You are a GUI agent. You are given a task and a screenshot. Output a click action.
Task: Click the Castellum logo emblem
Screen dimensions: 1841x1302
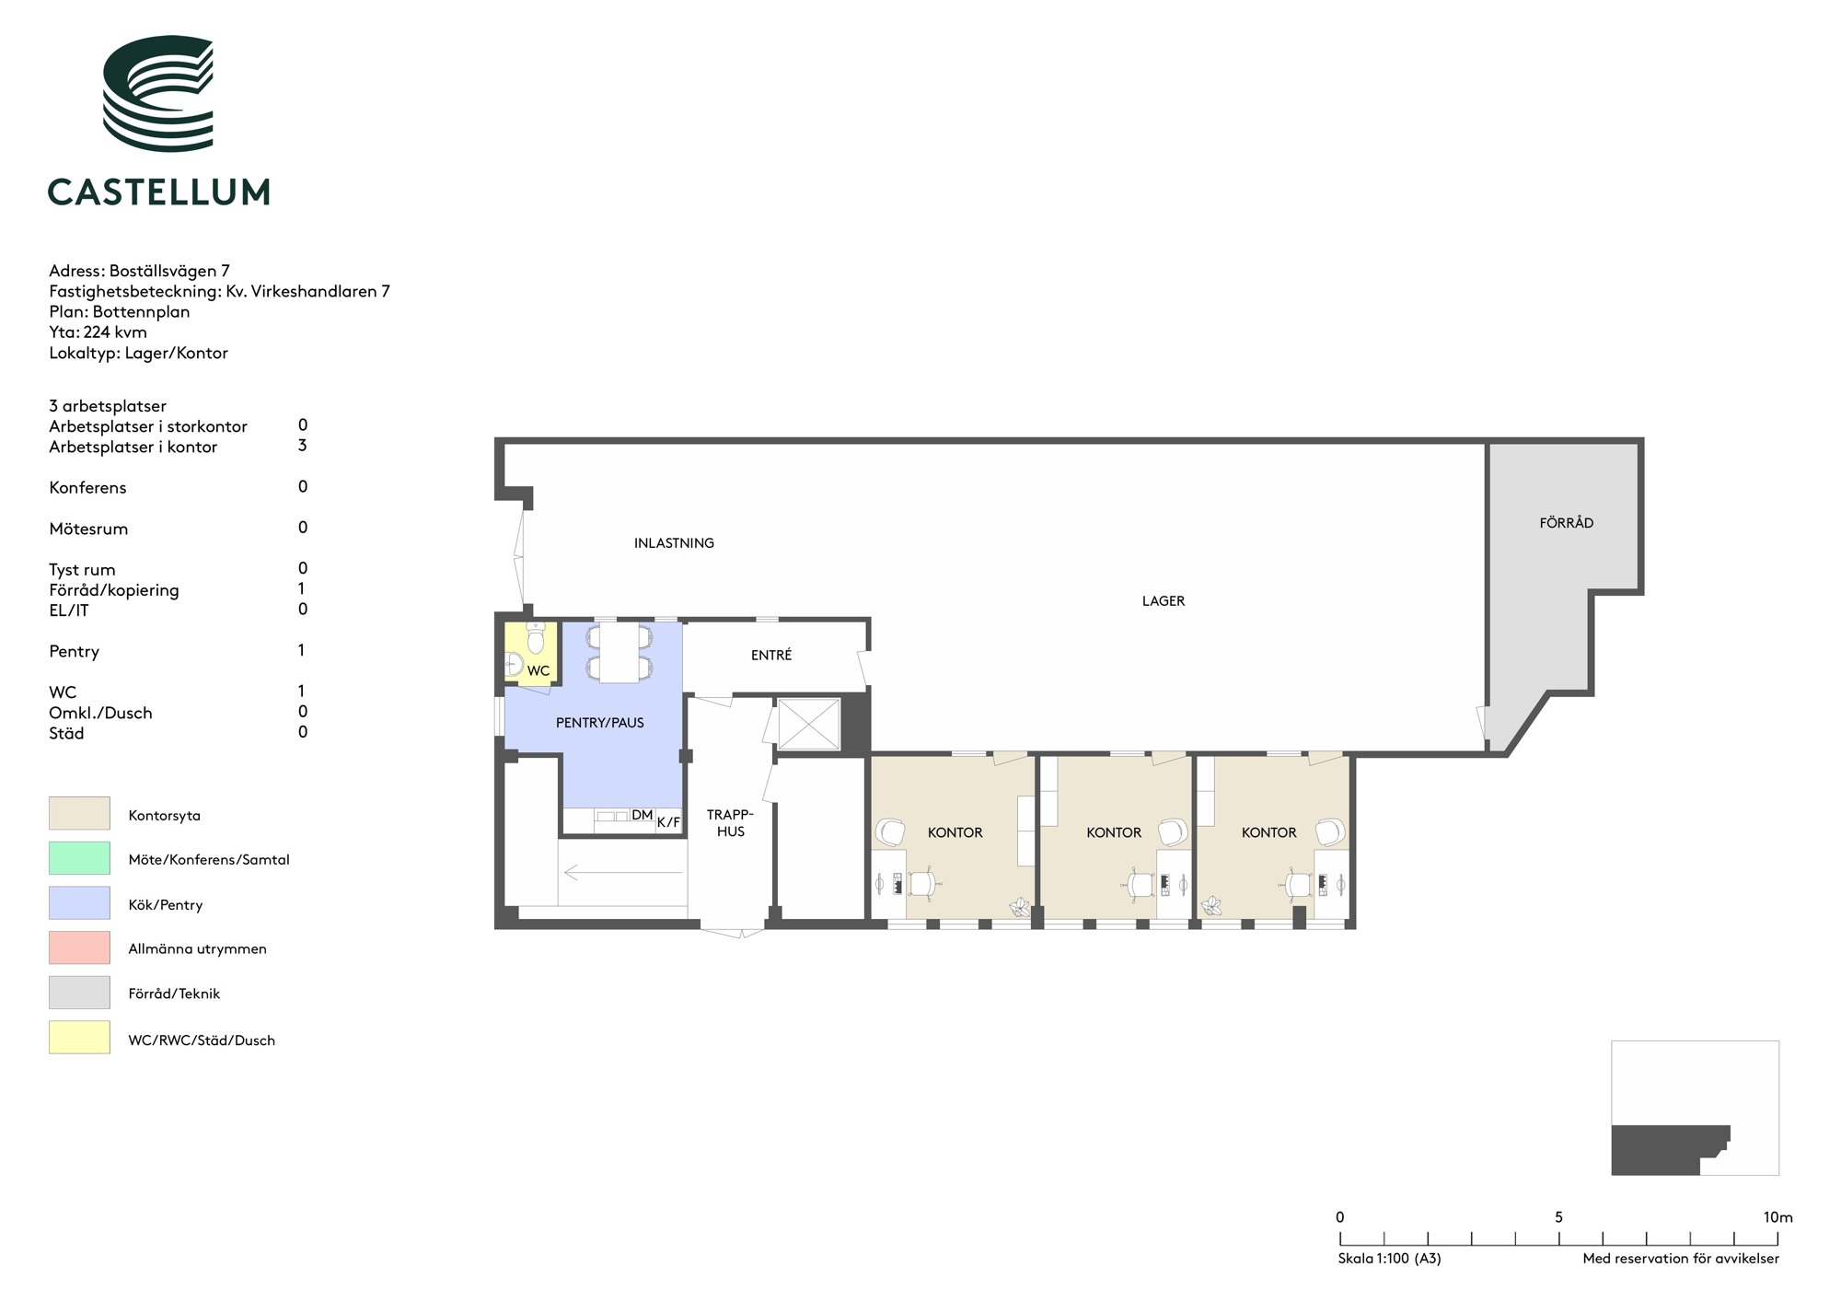point(157,93)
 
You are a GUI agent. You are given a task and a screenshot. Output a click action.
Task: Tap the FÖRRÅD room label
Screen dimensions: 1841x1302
point(1566,523)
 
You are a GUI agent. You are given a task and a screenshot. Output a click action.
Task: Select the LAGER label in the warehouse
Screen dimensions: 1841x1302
point(1164,601)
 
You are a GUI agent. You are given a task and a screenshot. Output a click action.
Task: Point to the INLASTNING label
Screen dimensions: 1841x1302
point(674,543)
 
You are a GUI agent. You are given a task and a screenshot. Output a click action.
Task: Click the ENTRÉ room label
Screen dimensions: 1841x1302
point(771,655)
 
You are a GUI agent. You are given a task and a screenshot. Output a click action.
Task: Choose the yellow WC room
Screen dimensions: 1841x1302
point(531,652)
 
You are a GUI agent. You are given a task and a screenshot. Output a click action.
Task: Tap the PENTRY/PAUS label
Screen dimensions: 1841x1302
point(600,723)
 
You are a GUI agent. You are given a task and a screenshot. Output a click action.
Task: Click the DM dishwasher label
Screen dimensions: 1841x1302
point(642,815)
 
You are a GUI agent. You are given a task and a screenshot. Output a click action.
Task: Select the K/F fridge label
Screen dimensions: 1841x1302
point(668,822)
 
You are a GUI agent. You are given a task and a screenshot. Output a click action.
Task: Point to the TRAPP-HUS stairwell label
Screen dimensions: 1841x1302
point(731,823)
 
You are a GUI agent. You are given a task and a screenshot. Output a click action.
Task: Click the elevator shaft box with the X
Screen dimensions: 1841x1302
point(809,724)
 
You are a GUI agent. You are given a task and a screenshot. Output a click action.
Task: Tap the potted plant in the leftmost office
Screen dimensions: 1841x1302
point(1020,907)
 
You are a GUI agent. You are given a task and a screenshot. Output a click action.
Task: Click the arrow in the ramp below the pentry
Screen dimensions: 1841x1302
point(623,872)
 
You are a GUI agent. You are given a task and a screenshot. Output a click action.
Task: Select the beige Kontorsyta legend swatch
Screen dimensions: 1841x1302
point(79,814)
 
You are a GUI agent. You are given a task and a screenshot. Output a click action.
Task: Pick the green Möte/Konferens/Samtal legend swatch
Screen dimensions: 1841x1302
point(79,858)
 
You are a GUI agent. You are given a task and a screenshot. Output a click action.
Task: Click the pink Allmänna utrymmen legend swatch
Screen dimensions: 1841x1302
point(79,947)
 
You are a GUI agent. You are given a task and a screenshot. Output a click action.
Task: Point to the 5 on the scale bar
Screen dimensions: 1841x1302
point(1558,1217)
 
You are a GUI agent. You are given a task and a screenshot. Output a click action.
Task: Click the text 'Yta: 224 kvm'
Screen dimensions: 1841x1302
point(98,332)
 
